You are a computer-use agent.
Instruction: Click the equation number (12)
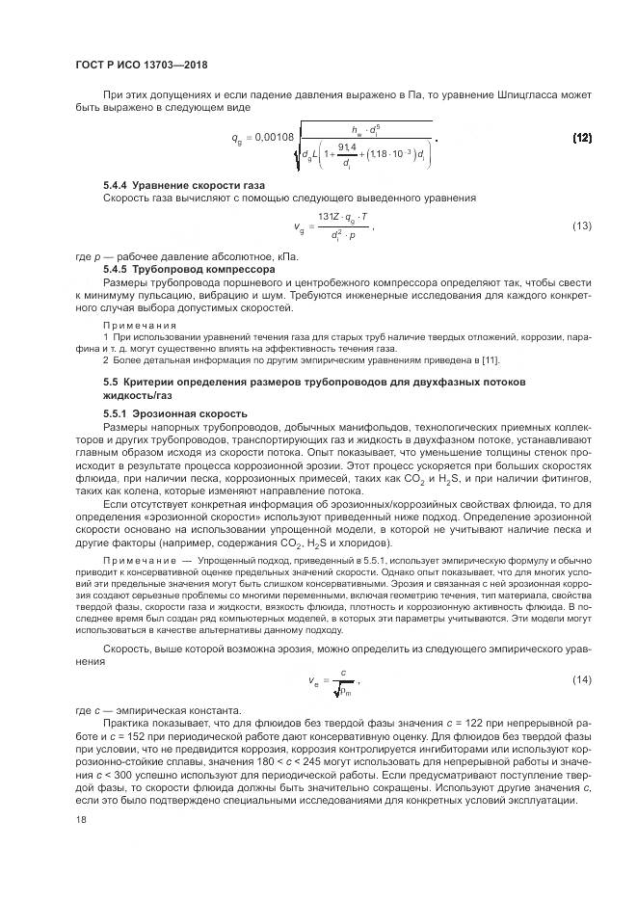tap(582, 138)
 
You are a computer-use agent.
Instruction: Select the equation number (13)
tap(582, 225)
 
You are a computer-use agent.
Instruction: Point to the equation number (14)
tap(582, 680)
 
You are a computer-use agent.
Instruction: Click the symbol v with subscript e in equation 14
tap(314, 681)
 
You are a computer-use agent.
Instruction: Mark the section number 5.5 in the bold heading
tap(111, 383)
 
